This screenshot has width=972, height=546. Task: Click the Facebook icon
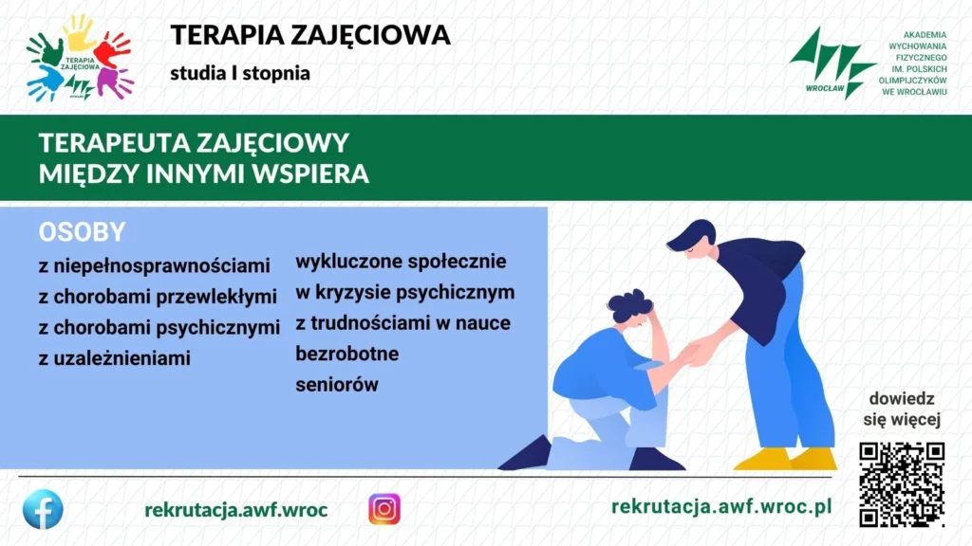43,509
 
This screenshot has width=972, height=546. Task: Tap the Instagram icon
384,509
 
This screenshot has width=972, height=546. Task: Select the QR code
902,484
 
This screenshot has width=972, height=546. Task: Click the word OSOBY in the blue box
82,232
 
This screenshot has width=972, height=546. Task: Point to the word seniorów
337,385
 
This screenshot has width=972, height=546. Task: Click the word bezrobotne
347,354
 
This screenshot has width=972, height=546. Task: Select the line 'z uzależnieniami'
115,357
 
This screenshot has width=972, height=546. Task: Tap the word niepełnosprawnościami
161,266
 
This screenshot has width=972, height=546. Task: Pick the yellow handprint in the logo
81,32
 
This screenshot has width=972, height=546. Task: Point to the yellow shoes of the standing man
785,459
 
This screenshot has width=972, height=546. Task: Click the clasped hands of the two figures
699,353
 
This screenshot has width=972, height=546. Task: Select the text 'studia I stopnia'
240,73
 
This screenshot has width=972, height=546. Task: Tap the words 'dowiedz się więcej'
902,409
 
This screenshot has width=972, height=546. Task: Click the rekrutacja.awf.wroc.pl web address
721,506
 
